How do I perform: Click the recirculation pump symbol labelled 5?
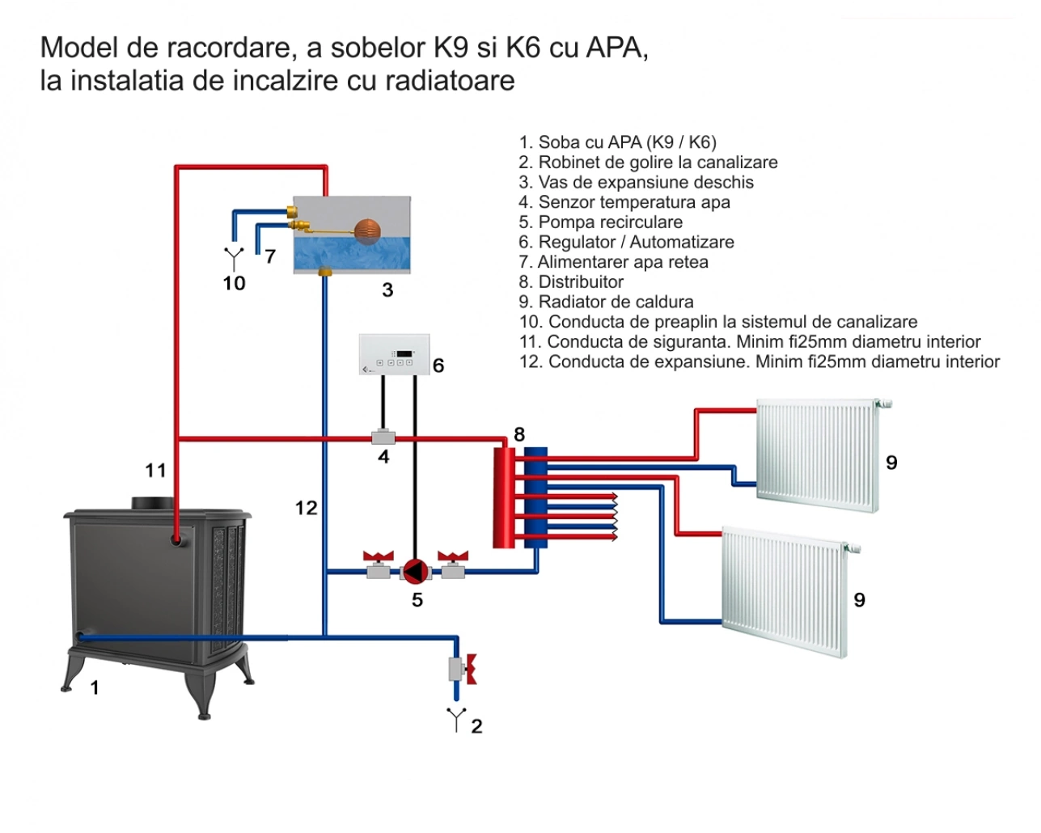pyautogui.click(x=416, y=571)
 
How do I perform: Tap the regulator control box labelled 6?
pyautogui.click(x=394, y=354)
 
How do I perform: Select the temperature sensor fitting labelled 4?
pyautogui.click(x=383, y=438)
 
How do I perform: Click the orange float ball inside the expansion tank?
pyautogui.click(x=366, y=229)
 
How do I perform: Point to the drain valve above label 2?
pyautogui.click(x=459, y=669)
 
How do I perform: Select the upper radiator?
pyautogui.click(x=817, y=455)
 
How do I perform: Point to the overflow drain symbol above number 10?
pyautogui.click(x=234, y=258)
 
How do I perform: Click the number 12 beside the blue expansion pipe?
pyautogui.click(x=306, y=508)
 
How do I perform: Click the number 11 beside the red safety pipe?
pyautogui.click(x=155, y=470)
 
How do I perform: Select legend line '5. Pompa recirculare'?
pyautogui.click(x=600, y=222)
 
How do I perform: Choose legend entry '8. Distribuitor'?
pyautogui.click(x=571, y=282)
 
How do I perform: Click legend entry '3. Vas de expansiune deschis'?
pyautogui.click(x=636, y=183)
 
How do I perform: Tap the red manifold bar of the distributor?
pyautogui.click(x=504, y=497)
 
